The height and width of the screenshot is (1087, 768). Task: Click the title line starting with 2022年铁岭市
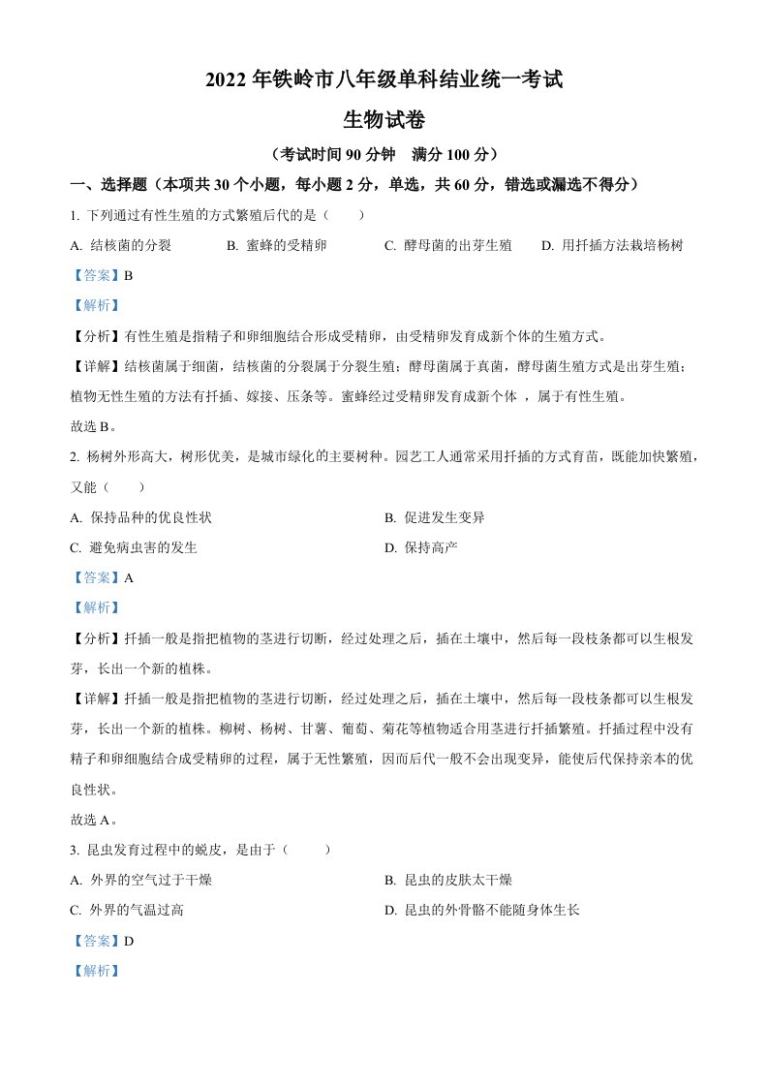[384, 81]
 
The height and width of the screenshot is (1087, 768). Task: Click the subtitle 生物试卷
[384, 120]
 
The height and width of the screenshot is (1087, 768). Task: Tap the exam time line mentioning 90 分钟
[384, 154]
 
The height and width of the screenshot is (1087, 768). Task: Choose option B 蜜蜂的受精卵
[276, 246]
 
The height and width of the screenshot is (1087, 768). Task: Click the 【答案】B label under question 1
[102, 275]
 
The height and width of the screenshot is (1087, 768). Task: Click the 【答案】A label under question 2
[102, 577]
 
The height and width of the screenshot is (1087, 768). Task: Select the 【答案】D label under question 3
[102, 940]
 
